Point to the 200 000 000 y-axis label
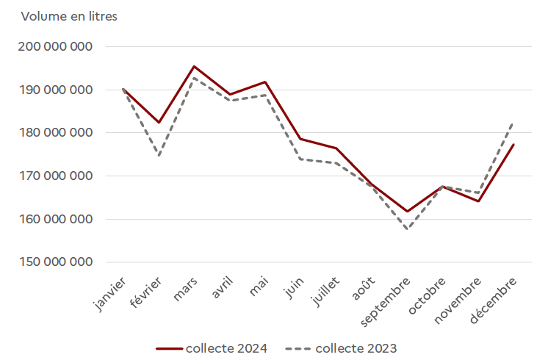(x=57, y=46)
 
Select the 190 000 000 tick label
(x=57, y=90)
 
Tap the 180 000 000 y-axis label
(x=57, y=133)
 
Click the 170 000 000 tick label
(x=57, y=176)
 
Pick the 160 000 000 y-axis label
(x=57, y=219)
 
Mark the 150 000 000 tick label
(x=57, y=262)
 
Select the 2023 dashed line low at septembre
(x=406, y=229)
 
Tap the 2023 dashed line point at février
(x=159, y=156)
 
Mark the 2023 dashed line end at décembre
(x=513, y=123)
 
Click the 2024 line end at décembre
(x=513, y=145)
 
